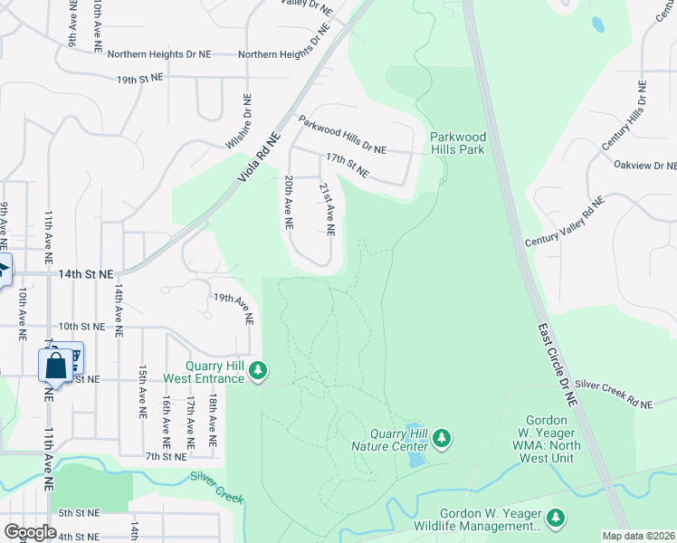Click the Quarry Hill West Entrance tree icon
click(259, 370)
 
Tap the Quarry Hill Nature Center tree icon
click(442, 439)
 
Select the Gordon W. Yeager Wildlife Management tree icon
click(556, 519)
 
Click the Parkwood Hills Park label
click(458, 143)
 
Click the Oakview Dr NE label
click(644, 166)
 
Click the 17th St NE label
click(348, 164)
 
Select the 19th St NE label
click(140, 79)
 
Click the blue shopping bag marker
click(55, 366)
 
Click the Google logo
click(30, 532)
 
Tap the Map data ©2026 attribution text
click(639, 536)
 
